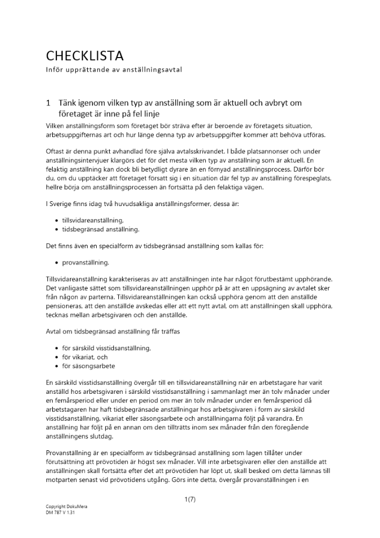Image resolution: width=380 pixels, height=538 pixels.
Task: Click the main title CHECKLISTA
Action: [84, 55]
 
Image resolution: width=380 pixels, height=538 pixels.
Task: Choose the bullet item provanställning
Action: [86, 263]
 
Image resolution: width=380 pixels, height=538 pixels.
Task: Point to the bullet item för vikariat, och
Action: [85, 357]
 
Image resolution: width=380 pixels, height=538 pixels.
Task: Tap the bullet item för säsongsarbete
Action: [89, 366]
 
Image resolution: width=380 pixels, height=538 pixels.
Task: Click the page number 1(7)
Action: [190, 500]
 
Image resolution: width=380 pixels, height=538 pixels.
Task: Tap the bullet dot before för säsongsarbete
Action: [57, 366]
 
